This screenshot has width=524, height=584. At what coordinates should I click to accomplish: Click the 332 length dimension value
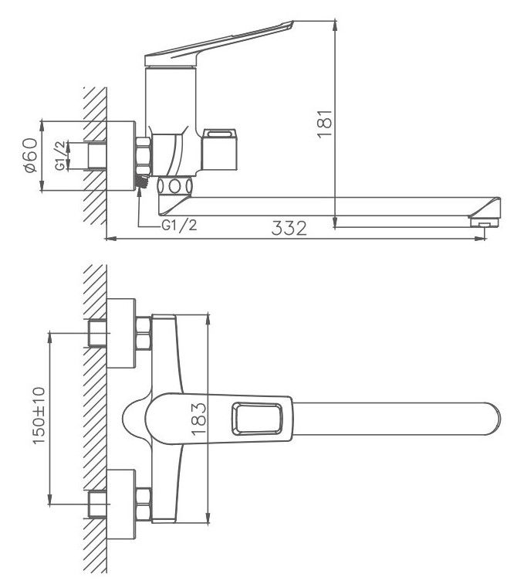click(x=289, y=228)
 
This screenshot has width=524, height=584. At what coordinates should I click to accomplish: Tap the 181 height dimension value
click(x=325, y=124)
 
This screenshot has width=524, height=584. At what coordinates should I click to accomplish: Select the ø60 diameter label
click(x=31, y=155)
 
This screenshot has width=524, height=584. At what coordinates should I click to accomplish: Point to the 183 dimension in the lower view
click(x=198, y=419)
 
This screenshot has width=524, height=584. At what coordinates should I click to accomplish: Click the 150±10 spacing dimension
click(x=39, y=416)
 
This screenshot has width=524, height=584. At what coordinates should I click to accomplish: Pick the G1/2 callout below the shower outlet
click(x=179, y=225)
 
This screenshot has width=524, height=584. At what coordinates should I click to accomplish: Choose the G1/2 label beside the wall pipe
click(x=60, y=155)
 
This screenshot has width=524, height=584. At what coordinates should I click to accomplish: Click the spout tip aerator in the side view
click(x=484, y=222)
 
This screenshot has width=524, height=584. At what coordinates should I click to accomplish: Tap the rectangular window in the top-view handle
click(x=257, y=419)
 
